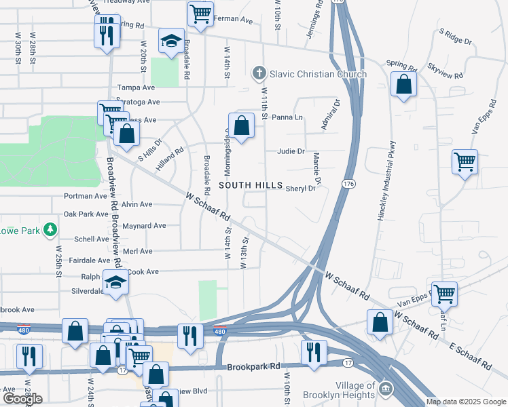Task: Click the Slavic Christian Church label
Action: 318,74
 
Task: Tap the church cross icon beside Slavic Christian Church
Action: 258,73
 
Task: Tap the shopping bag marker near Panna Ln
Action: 241,125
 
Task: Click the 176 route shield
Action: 349,184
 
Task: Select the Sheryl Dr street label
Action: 300,189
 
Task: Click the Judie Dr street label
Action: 291,151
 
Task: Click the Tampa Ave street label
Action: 136,88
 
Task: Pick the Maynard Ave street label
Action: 145,226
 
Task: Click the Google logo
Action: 22,399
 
